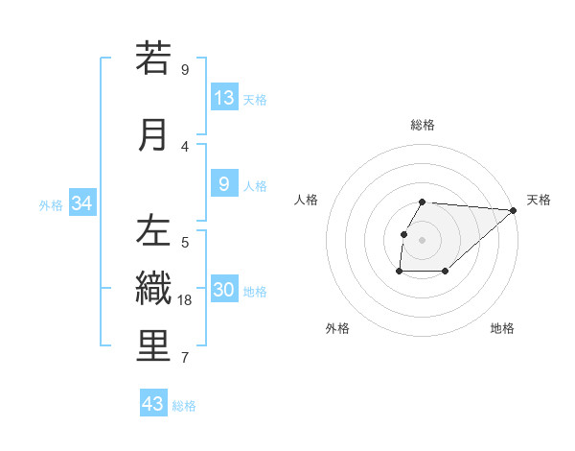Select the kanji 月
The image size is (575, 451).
[x=153, y=134]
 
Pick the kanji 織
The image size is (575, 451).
[x=153, y=289]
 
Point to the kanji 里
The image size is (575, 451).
[x=153, y=346]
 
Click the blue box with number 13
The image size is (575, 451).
[x=224, y=98]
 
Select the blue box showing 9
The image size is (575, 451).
[x=224, y=184]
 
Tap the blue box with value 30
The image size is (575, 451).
[x=224, y=290]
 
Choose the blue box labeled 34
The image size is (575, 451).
[x=82, y=203]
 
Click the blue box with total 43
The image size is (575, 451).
[x=153, y=404]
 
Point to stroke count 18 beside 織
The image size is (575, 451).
[x=186, y=300]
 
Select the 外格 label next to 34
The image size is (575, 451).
[x=51, y=204]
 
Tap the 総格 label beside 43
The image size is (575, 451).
[x=184, y=406]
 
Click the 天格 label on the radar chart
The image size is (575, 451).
[x=539, y=200]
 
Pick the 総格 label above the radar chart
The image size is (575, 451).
[x=423, y=125]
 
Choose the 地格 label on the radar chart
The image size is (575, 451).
[x=502, y=328]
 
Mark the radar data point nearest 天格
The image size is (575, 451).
[x=514, y=210]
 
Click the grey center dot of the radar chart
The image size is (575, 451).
[x=423, y=240]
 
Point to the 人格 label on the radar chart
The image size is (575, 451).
[x=307, y=200]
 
